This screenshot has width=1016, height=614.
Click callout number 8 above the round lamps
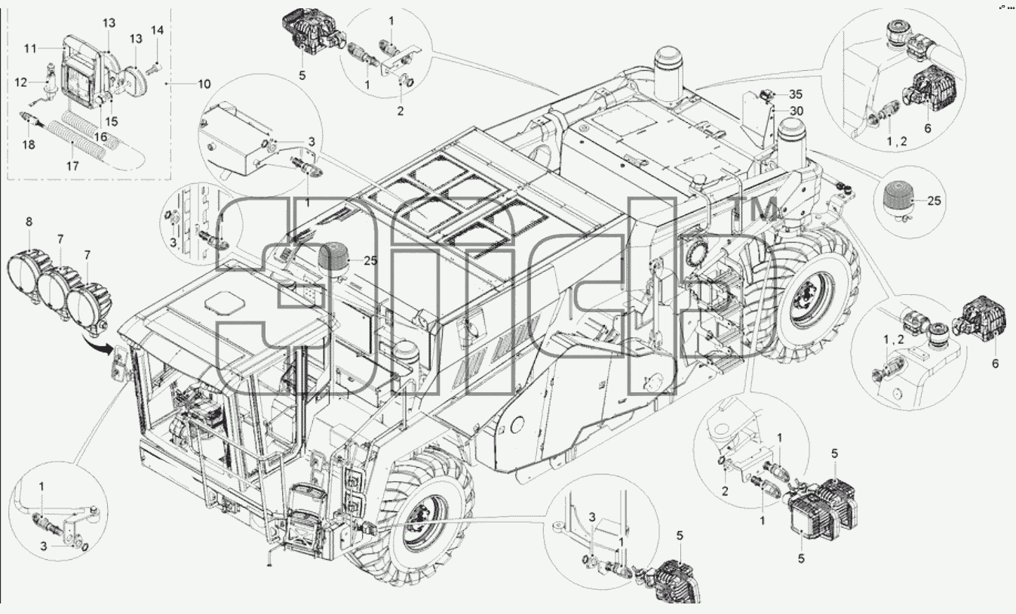(x=29, y=222)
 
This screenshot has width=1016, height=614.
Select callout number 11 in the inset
(x=30, y=48)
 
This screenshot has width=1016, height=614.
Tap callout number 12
(x=21, y=82)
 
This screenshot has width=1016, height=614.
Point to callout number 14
(x=157, y=30)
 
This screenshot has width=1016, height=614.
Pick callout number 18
(x=29, y=145)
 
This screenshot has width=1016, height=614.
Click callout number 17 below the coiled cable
(x=72, y=166)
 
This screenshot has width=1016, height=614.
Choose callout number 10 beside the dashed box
(x=204, y=84)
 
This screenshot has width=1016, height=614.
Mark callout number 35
(x=796, y=94)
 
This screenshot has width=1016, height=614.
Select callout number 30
(x=797, y=111)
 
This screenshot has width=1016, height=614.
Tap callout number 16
(x=100, y=137)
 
